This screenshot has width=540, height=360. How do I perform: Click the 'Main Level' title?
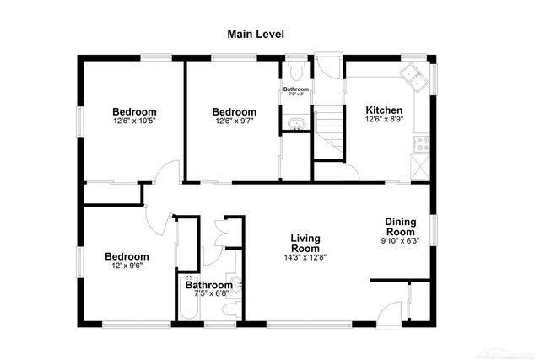(x=256, y=35)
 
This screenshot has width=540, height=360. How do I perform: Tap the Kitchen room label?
(x=383, y=110)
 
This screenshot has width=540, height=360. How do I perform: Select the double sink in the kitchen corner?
(x=414, y=76)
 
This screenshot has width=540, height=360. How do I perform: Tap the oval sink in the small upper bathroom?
(x=294, y=126)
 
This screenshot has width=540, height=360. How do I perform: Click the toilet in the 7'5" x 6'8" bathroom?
(x=237, y=288)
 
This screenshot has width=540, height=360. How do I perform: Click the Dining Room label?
(x=400, y=226)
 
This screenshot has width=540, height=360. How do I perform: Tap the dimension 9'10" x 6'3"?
(x=400, y=241)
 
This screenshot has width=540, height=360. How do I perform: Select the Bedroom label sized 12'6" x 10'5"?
(x=135, y=111)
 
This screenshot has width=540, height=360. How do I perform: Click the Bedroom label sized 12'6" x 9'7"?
(x=234, y=112)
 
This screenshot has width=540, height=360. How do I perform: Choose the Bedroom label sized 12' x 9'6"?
(x=127, y=256)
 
